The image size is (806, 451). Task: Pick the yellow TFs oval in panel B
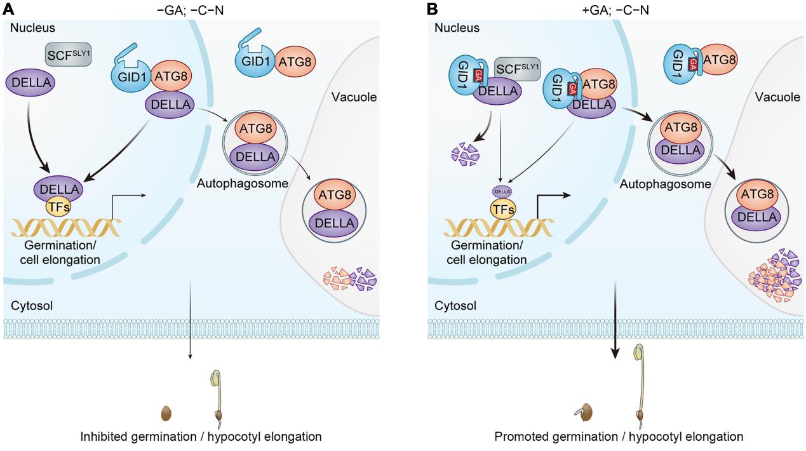click(x=502, y=208)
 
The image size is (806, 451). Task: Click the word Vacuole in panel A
click(x=354, y=97)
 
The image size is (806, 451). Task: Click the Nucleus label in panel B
click(x=457, y=28)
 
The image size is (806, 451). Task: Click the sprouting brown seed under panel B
click(x=587, y=412)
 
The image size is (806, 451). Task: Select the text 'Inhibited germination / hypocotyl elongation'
click(x=201, y=436)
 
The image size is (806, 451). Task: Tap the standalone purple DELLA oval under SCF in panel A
click(x=30, y=83)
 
